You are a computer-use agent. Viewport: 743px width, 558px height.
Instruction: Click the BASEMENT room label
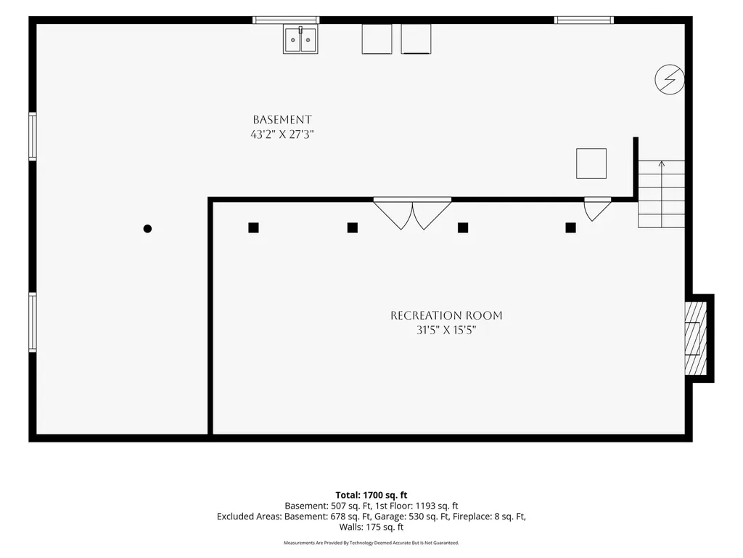(x=282, y=120)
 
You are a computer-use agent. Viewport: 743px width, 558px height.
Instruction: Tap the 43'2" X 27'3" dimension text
(x=282, y=134)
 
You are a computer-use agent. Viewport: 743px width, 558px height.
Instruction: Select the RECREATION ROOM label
(x=446, y=315)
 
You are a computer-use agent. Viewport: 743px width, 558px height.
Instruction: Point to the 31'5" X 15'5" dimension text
(x=446, y=331)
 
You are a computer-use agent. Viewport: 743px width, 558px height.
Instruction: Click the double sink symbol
(x=300, y=39)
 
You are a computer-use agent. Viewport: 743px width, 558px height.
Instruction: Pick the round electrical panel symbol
(x=670, y=79)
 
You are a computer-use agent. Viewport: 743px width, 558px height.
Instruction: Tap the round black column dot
(x=147, y=229)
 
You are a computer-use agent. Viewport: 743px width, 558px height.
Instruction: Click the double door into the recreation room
(x=412, y=213)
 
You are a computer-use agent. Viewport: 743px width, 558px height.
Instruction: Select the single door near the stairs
(x=597, y=209)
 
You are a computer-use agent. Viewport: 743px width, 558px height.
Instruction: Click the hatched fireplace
(x=696, y=339)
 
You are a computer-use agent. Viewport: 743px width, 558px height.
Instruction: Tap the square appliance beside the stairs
(x=591, y=163)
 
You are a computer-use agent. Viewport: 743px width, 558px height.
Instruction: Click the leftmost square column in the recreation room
(x=253, y=227)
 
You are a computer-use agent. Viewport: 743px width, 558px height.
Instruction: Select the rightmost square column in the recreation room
(x=570, y=227)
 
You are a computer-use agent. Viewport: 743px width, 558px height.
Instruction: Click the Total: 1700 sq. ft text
(x=371, y=496)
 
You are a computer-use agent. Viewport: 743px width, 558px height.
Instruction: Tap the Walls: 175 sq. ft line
(x=371, y=527)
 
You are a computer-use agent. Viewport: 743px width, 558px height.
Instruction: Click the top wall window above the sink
(x=286, y=20)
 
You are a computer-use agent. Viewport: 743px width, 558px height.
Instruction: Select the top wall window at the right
(x=584, y=20)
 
